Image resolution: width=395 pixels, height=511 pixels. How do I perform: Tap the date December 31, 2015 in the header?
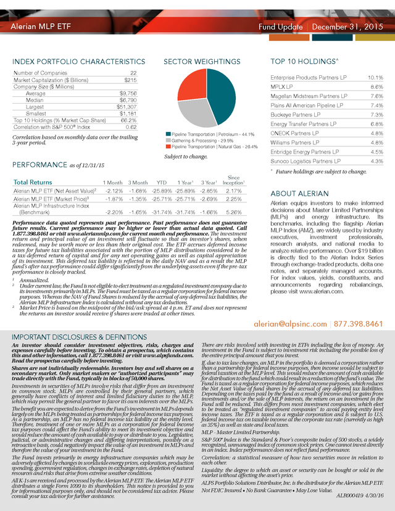[x=348, y=27]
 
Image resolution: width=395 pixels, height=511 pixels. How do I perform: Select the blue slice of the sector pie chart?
[x=218, y=102]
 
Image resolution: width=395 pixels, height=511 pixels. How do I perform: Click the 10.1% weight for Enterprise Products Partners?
[x=376, y=78]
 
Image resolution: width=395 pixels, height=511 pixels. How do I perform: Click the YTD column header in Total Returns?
[x=163, y=183]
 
